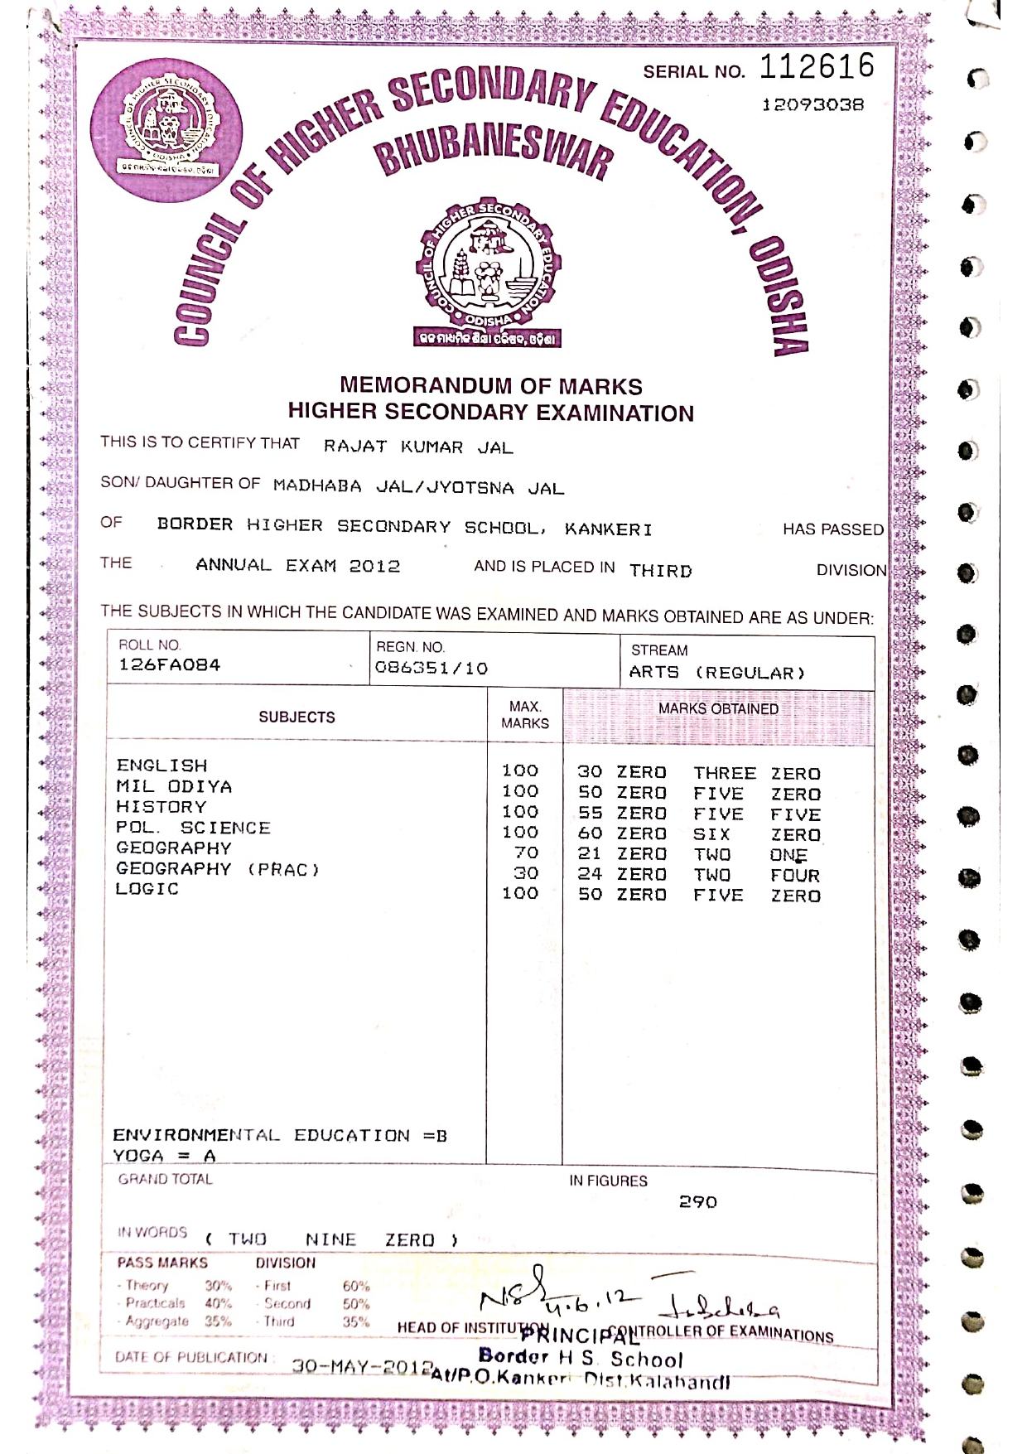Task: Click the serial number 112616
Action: pyautogui.click(x=817, y=66)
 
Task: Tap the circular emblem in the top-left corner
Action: pyautogui.click(x=166, y=129)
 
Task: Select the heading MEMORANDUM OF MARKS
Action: pyautogui.click(x=490, y=386)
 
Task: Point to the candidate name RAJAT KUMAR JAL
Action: pyautogui.click(x=418, y=447)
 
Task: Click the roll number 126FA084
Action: pyautogui.click(x=170, y=665)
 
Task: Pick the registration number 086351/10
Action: pyautogui.click(x=432, y=669)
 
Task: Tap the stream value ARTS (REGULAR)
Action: pyautogui.click(x=716, y=673)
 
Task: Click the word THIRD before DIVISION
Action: pyautogui.click(x=660, y=571)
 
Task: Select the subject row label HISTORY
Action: pyautogui.click(x=162, y=807)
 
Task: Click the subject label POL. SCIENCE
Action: pyautogui.click(x=193, y=828)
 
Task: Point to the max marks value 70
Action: pyautogui.click(x=526, y=853)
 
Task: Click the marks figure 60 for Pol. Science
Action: pyautogui.click(x=590, y=834)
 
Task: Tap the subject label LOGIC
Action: pyautogui.click(x=147, y=889)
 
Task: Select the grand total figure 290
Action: pyautogui.click(x=697, y=1202)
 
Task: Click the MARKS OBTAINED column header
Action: pyautogui.click(x=718, y=709)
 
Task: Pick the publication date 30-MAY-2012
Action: pyautogui.click(x=363, y=1366)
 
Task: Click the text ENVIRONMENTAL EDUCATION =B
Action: pyautogui.click(x=280, y=1136)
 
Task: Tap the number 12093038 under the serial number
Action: pyautogui.click(x=812, y=105)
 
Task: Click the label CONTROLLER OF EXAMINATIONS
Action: pyautogui.click(x=733, y=1335)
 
